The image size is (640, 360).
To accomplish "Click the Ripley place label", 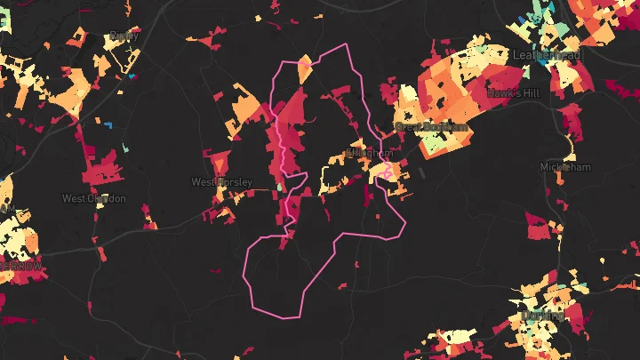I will [119, 36].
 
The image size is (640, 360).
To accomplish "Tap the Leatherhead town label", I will [548, 55].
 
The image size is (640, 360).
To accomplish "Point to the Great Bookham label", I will [430, 127].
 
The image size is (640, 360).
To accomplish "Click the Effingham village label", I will [367, 153].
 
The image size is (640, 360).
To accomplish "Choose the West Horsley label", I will [221, 182].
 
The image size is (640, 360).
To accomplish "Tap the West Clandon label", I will [93, 198].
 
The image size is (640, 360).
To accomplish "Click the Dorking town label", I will [543, 315].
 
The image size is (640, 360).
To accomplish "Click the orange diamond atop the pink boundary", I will [304, 68].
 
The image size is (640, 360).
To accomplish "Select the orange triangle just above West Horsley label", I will [219, 163].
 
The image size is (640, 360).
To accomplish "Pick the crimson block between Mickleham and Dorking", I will [539, 228].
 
